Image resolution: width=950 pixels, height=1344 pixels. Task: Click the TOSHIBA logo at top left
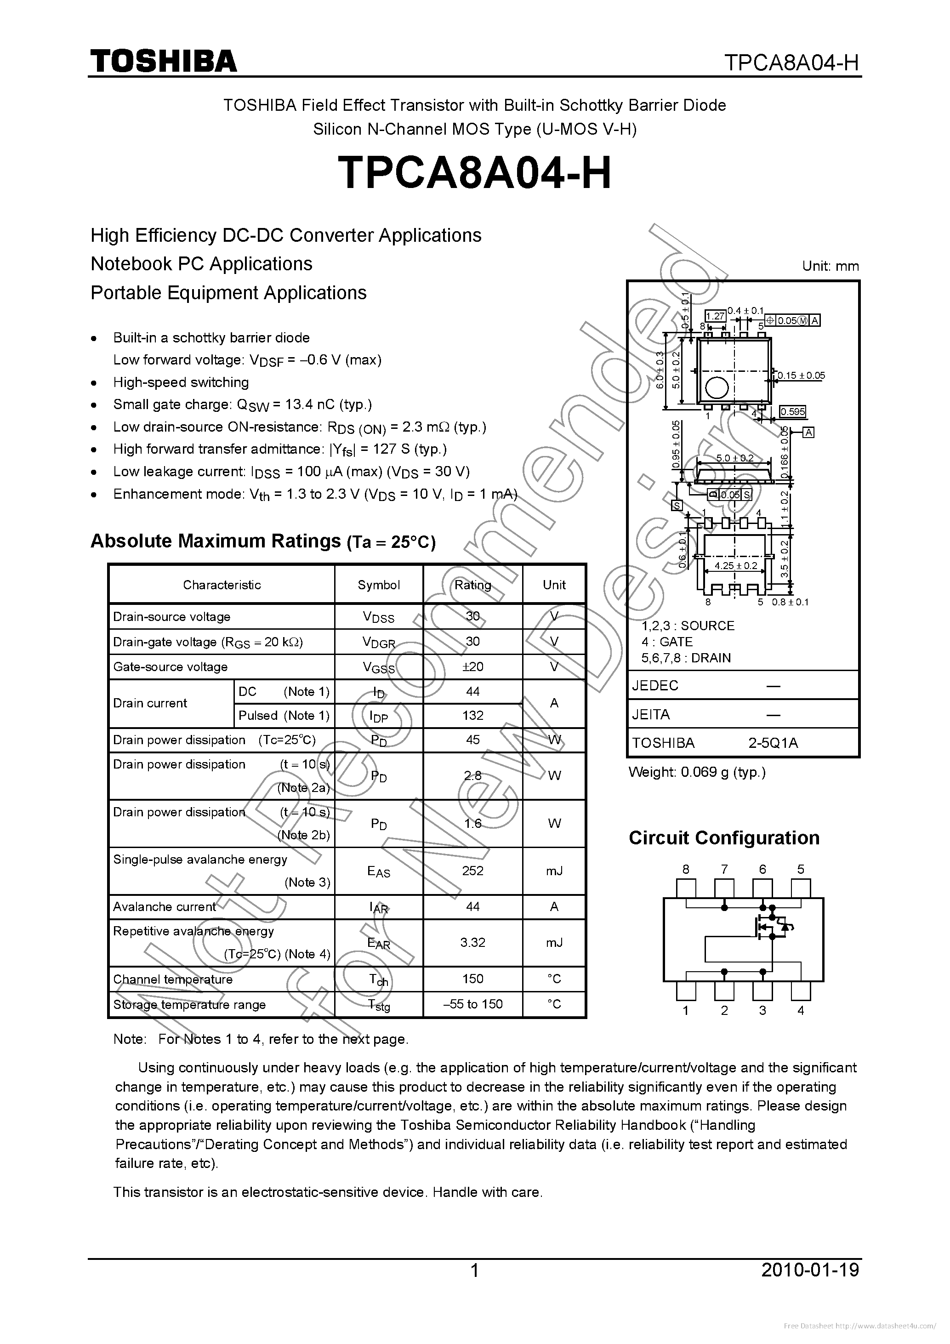[163, 61]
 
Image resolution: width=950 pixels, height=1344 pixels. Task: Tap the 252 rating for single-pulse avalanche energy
[472, 871]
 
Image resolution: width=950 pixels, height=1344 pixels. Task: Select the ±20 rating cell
[472, 666]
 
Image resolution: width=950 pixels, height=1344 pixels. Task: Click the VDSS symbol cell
[378, 616]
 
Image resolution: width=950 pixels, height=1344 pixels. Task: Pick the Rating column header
[472, 584]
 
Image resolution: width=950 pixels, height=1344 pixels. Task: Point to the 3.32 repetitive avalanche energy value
[472, 942]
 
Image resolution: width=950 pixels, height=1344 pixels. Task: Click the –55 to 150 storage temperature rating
[472, 1004]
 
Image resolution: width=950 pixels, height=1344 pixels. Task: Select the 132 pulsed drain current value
[472, 715]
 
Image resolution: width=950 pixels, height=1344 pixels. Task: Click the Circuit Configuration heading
[723, 837]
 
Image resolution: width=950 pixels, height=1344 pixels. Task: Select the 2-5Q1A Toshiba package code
[773, 743]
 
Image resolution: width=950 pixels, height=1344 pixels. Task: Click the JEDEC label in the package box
[655, 685]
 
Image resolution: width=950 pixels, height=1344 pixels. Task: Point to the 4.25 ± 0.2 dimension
[736, 565]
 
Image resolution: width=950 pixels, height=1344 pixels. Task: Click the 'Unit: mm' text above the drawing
[830, 266]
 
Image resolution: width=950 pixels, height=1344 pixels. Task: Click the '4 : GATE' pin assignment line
[667, 642]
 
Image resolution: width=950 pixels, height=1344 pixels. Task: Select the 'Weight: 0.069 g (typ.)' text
[697, 772]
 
